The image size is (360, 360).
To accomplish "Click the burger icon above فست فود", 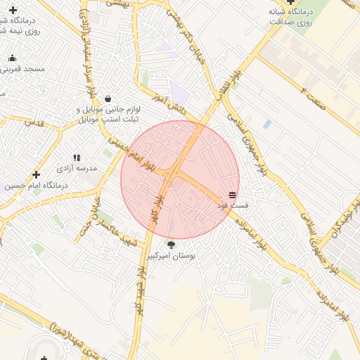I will pos(232,194).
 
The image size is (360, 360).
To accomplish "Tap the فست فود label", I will pos(232,205).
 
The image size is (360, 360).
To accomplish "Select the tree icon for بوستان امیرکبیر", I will pos(172,245).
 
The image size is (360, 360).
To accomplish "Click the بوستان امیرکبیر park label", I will pos(172,257).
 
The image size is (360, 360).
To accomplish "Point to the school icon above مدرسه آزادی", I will pos(77,157).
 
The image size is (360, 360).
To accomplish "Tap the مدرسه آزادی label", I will pos(76,169).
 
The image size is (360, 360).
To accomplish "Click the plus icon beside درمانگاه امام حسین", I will pos(37,174).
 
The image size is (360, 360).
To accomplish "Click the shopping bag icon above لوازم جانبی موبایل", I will pos(107,98).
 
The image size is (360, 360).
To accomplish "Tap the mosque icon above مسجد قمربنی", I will pos(12,58).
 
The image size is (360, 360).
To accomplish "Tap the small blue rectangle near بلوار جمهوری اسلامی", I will pos(266,124).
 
